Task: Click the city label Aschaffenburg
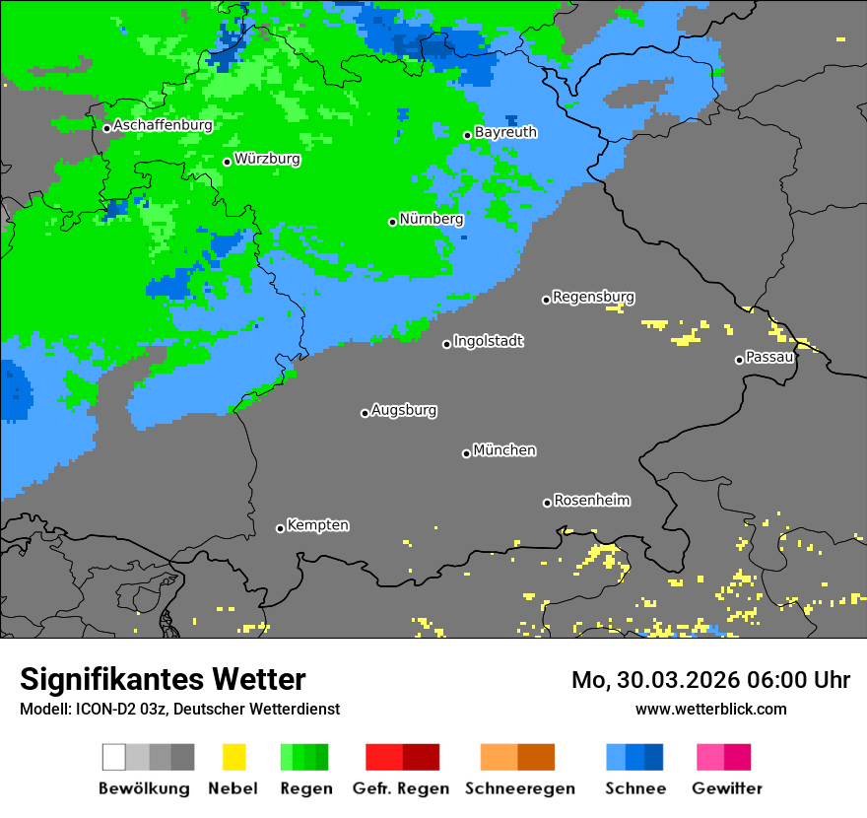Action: coord(163,125)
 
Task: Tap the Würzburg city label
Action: coord(267,159)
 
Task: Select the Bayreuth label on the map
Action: coord(505,132)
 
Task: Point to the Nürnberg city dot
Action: coord(392,222)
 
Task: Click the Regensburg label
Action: coord(593,297)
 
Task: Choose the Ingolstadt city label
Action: coord(488,341)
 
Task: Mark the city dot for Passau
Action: coord(739,360)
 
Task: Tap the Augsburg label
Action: coord(404,410)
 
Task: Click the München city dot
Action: coord(466,453)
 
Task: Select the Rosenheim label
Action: coord(591,500)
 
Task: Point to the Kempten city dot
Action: coord(280,528)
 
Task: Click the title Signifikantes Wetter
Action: coord(163,680)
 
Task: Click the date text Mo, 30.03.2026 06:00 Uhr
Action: coord(710,680)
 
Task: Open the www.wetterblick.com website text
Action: coord(710,709)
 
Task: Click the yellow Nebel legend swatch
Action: coord(233,757)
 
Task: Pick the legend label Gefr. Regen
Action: coord(401,788)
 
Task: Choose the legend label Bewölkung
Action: coord(144,788)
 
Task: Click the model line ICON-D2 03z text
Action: coord(179,709)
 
